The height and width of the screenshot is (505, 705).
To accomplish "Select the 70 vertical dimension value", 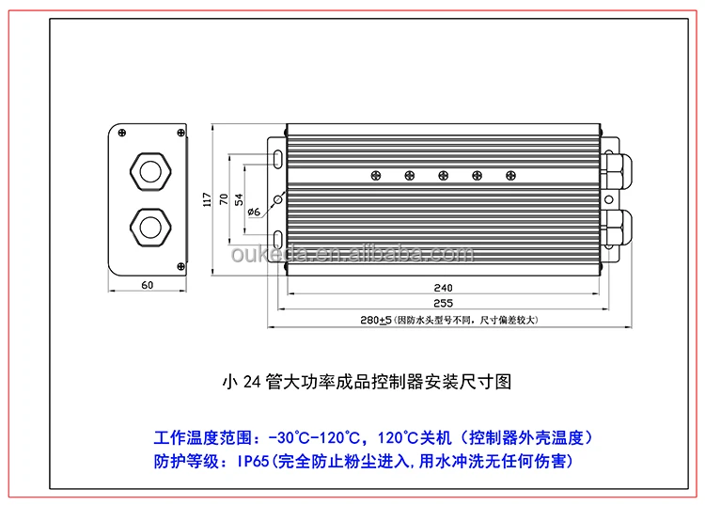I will click(223, 199).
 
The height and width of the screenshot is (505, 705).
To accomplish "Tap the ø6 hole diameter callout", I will click(254, 212).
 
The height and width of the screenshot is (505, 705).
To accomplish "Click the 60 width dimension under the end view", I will click(148, 283).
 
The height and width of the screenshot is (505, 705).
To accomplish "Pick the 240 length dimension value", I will click(444, 287).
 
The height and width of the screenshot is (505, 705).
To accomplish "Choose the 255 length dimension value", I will click(444, 303).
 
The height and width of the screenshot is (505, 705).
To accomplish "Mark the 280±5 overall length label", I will click(375, 321).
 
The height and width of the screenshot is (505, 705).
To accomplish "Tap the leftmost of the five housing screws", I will click(375, 175).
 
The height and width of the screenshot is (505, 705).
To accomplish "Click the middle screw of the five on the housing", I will click(443, 175).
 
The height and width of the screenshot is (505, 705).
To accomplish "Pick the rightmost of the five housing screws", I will click(510, 175).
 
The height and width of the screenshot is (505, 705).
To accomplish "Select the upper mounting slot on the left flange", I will click(280, 156).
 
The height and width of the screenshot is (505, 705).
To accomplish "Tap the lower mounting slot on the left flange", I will click(280, 238).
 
